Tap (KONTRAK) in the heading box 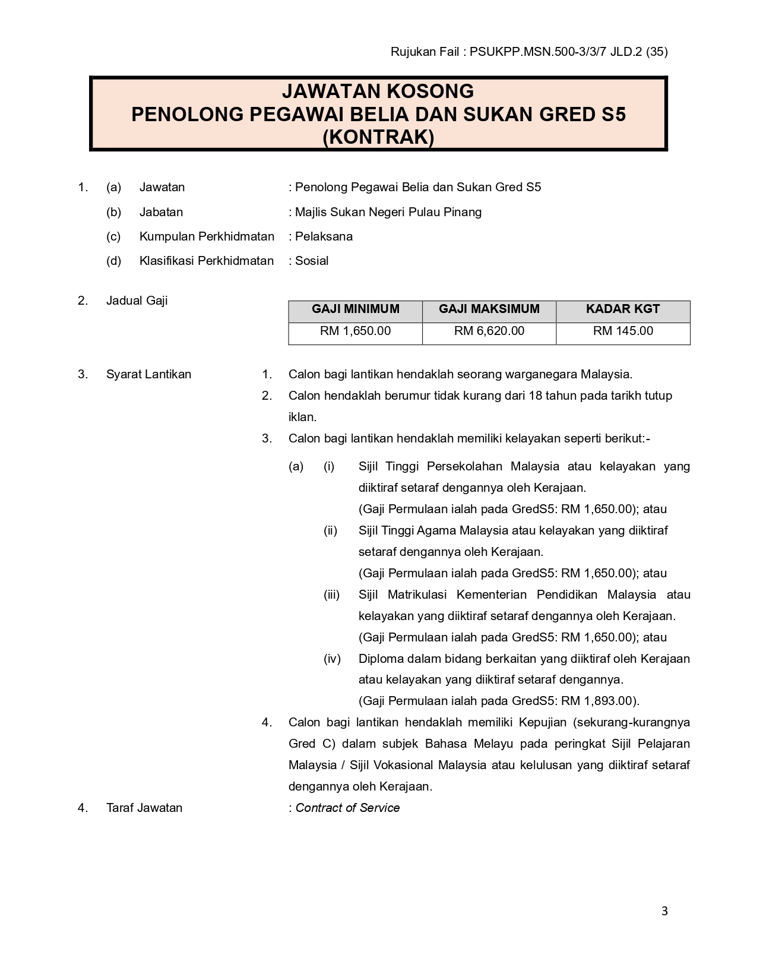pyautogui.click(x=378, y=137)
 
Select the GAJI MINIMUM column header pyautogui.click(x=355, y=309)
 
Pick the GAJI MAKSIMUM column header pyautogui.click(x=489, y=309)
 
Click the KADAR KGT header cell pyautogui.click(x=623, y=309)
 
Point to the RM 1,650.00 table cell pyautogui.click(x=355, y=331)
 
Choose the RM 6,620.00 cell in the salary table pyautogui.click(x=489, y=331)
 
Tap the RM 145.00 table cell pyautogui.click(x=623, y=331)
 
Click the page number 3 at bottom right pyautogui.click(x=664, y=911)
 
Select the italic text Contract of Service pyautogui.click(x=347, y=808)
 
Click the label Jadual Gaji pyautogui.click(x=137, y=301)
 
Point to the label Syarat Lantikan pyautogui.click(x=148, y=374)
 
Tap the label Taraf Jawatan pyautogui.click(x=144, y=808)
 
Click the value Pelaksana pyautogui.click(x=324, y=236)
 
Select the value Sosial pyautogui.click(x=312, y=261)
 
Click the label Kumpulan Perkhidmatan pyautogui.click(x=207, y=236)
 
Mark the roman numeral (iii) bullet pyautogui.click(x=332, y=595)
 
